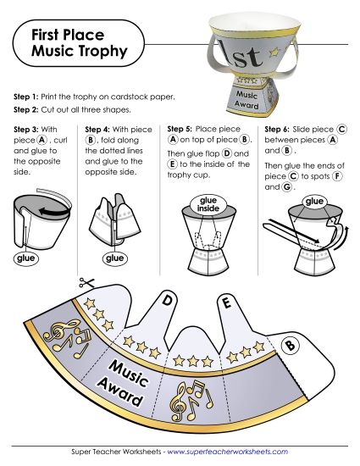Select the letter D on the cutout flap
point(168,301)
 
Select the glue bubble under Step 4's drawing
point(113,258)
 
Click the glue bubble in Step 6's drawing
point(315,201)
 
